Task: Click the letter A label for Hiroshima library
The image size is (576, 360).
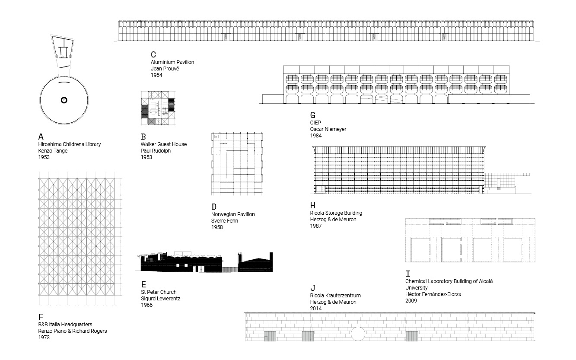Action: [x=41, y=137]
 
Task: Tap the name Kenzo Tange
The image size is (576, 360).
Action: [x=53, y=151]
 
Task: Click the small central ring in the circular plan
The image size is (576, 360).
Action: [x=64, y=100]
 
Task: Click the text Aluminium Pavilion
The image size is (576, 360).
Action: [x=172, y=62]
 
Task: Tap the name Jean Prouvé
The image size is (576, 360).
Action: [x=165, y=69]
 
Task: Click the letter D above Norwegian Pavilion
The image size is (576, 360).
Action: [x=214, y=207]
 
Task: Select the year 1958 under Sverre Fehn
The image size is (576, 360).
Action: [x=217, y=227]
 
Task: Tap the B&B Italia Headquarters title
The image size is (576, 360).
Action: [x=65, y=325]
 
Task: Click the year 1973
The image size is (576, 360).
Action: [x=44, y=338]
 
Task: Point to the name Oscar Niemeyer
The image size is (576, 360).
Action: [x=328, y=129]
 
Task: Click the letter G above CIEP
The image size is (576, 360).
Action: [x=313, y=115]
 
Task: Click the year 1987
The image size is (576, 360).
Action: [x=316, y=226]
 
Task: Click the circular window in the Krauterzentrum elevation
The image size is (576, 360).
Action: [x=358, y=335]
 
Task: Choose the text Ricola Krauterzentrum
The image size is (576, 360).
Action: [x=335, y=296]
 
